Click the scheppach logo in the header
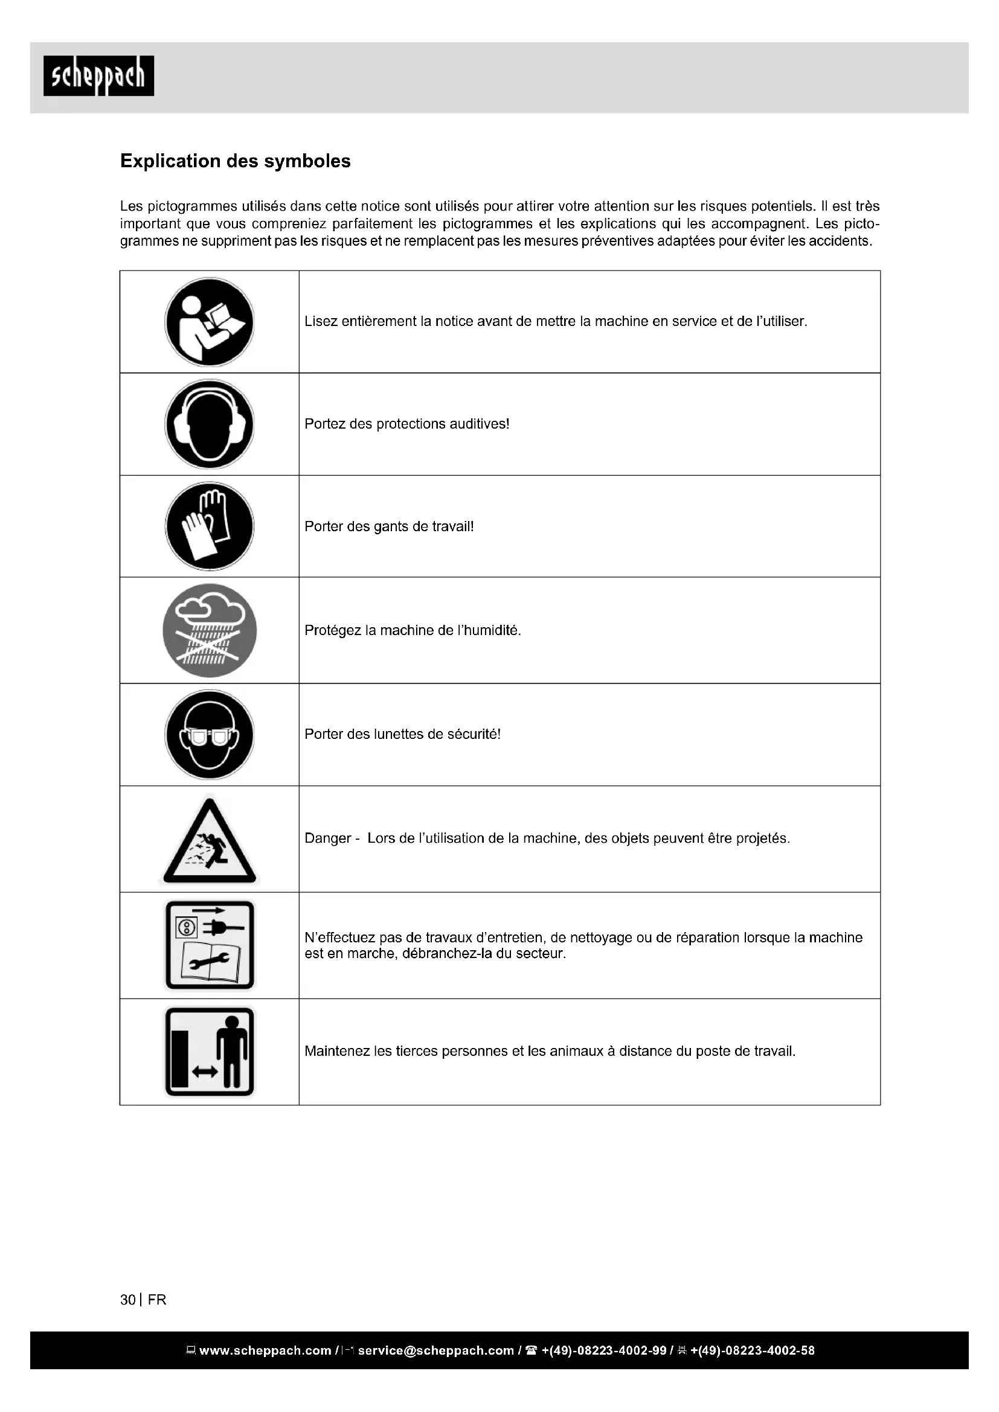(98, 76)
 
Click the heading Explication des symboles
(235, 161)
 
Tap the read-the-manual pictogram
(209, 322)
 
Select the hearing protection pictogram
(209, 424)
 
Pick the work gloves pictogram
(209, 526)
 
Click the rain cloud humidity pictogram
(209, 630)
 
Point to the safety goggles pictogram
(209, 734)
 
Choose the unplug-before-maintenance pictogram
(209, 945)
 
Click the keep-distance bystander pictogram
(209, 1052)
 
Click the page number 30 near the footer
(128, 1300)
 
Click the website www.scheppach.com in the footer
(265, 1350)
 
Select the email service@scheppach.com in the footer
(435, 1350)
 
